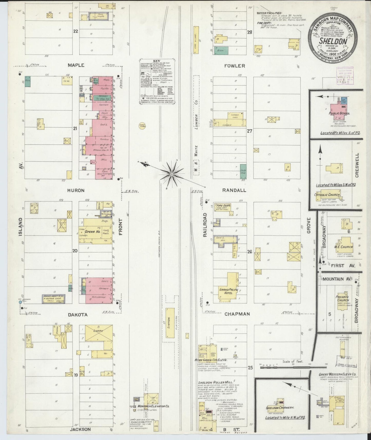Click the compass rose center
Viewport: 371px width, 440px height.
pos(171,174)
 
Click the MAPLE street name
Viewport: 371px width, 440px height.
pos(76,65)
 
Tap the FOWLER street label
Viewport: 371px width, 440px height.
pos(234,66)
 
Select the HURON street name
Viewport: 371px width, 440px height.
pos(76,190)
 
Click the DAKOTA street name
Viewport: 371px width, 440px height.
pos(78,315)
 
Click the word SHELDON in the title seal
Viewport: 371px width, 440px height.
pos(333,41)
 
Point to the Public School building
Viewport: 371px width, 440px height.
pos(338,110)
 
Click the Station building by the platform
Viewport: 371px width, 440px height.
pos(169,323)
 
